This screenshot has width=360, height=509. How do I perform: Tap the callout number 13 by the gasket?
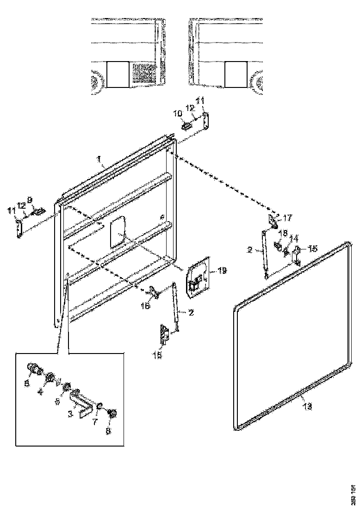tap(307, 407)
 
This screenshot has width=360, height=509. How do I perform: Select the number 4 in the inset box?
tap(40, 391)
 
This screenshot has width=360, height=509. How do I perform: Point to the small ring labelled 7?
tap(99, 406)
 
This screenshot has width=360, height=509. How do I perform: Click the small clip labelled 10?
tap(187, 125)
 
